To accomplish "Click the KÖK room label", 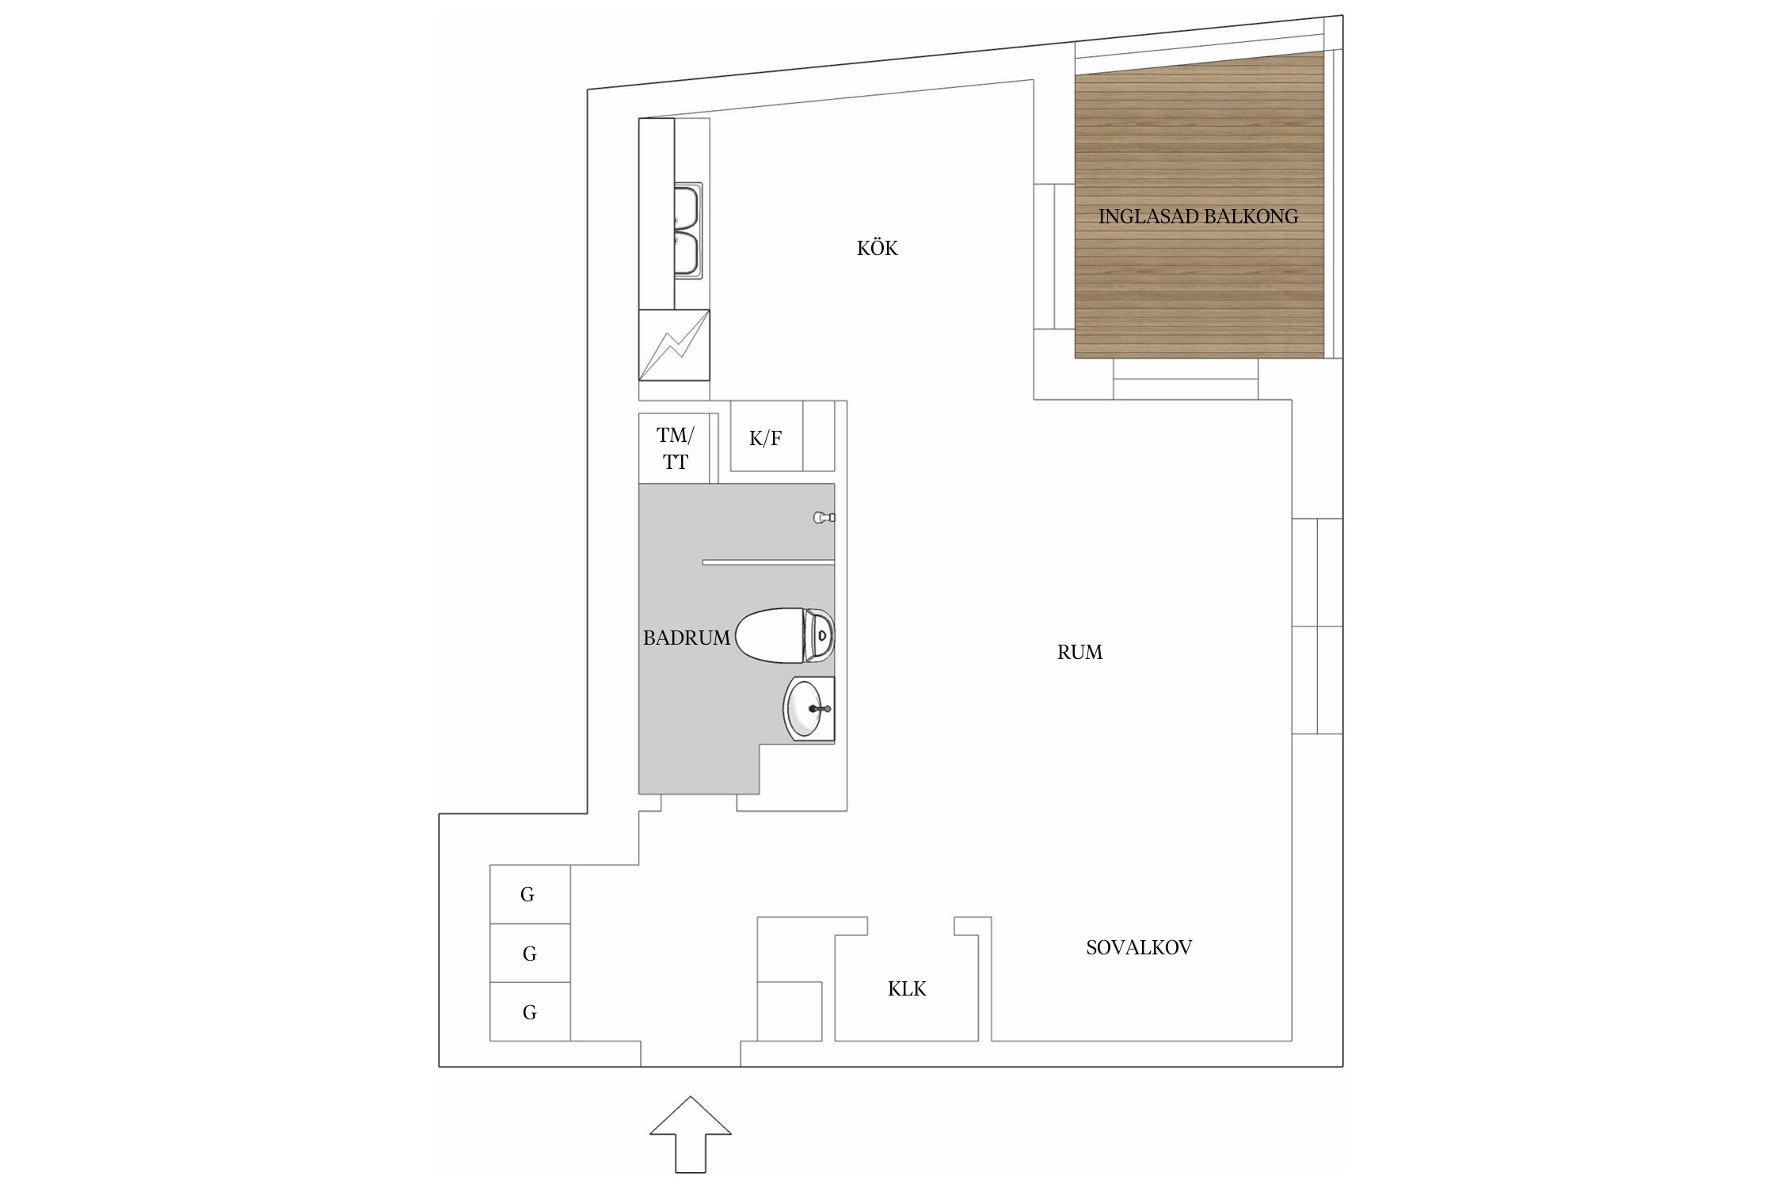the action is pos(877,249).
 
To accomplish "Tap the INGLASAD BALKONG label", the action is pos(1198,216).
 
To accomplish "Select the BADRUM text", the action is pos(686,638).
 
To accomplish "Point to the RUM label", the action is pos(1079,652).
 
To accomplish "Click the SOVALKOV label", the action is pos(1139,947).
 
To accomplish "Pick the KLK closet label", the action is pos(907,988).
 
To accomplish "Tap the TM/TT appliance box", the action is pos(679,448).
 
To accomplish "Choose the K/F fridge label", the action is pos(765,438).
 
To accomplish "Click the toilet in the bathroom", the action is pos(785,634).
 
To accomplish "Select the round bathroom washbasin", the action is pos(809,709).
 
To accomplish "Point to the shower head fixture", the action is pos(824,517).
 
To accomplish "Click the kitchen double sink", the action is pos(687,231).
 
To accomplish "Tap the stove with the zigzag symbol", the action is pos(674,345).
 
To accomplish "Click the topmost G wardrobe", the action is pos(530,894).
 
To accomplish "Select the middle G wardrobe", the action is pos(530,953).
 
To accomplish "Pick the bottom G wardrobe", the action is pos(530,1011).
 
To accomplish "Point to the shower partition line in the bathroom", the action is pos(768,562).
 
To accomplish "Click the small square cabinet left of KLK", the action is pos(790,1011).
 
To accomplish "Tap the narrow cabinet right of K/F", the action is pos(819,436).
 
